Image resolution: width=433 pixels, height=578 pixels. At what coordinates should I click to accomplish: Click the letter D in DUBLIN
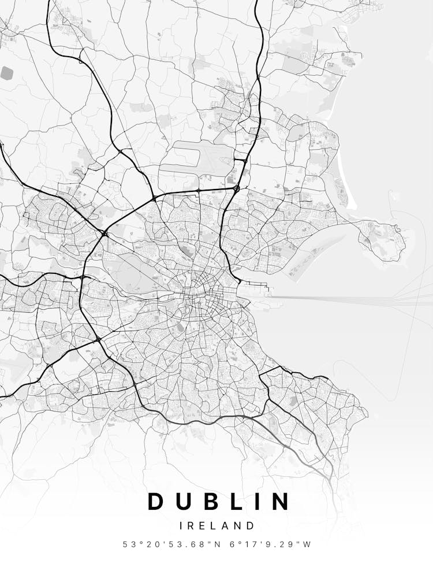(x=157, y=502)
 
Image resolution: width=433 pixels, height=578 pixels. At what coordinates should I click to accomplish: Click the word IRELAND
(x=216, y=526)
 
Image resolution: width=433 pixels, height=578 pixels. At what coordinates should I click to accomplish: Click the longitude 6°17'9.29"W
(x=271, y=544)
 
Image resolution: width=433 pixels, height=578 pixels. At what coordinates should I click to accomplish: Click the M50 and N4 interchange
(x=84, y=278)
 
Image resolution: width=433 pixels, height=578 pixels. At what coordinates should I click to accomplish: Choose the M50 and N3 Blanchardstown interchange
(x=104, y=234)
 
